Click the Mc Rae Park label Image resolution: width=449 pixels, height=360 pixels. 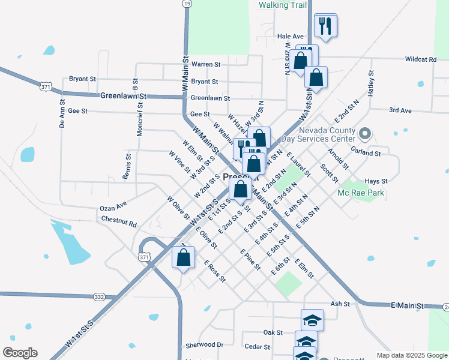point(360,193)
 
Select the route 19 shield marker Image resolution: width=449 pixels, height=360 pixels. point(187,4)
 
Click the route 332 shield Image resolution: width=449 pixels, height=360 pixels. point(100,297)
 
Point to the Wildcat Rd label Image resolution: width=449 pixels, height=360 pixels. point(420,59)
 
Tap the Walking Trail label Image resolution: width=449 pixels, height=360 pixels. point(282,5)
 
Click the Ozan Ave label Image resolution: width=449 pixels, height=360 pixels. point(113,206)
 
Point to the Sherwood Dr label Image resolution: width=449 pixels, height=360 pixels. point(204,345)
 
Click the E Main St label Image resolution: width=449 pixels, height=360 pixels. point(408,306)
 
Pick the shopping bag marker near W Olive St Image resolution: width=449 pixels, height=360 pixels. point(184,257)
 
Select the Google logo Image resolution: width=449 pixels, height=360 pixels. point(20,353)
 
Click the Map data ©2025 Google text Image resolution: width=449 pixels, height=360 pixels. point(411,355)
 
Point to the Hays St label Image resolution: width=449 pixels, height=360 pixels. point(376,181)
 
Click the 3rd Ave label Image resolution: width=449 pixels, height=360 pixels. point(400,110)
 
